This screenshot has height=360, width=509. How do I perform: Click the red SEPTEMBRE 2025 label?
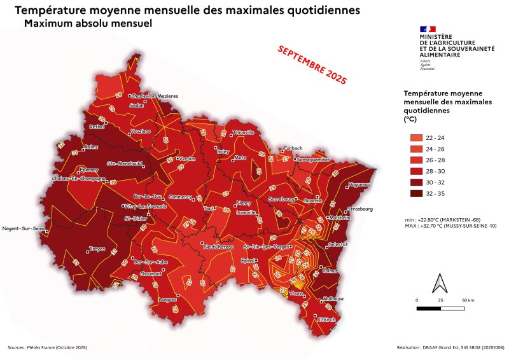pos(312,66)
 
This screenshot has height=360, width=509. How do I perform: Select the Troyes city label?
pos(97,249)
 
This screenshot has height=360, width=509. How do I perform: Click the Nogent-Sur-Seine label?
pos(20,228)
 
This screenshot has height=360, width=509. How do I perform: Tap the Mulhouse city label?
pos(333,298)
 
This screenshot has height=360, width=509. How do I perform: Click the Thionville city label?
pos(243,132)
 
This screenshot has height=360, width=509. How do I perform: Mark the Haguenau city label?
pos(359,186)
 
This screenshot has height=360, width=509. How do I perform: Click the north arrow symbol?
pos(439,282)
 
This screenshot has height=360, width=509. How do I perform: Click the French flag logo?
pos(427,29)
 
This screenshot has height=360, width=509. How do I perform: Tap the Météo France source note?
pos(47,348)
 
